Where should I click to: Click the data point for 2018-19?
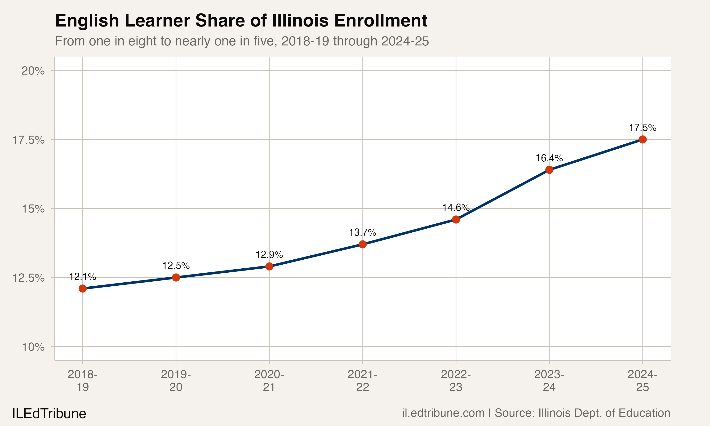83,288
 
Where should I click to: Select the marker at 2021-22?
363,244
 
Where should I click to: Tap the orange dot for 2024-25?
643,139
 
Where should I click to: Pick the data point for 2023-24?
549,170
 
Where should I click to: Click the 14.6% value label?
456,208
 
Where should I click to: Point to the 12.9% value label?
269,255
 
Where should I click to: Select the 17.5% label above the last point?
643,128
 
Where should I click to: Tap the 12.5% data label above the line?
176,266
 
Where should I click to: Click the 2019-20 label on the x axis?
176,381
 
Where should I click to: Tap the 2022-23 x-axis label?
456,381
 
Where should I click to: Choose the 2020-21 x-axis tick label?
269,381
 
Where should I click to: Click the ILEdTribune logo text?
49,414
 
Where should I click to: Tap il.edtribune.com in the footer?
443,413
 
